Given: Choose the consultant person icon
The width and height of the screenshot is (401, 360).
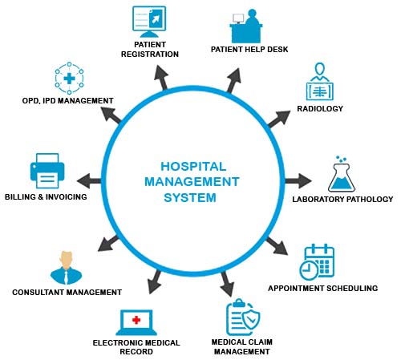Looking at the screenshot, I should click(x=66, y=265).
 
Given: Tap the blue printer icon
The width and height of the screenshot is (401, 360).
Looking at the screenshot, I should click(x=46, y=171).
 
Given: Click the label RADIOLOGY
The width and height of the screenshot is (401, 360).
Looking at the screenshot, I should click(x=320, y=108).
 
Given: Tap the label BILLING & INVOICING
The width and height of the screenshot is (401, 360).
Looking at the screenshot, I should click(x=46, y=196).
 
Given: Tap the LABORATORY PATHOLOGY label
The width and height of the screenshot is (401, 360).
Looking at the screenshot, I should click(x=342, y=199).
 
